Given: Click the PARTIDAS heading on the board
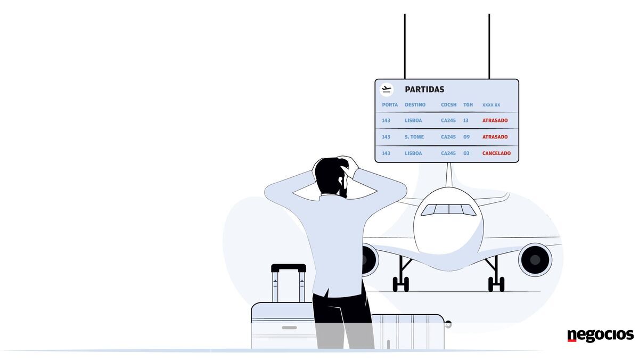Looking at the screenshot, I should tap(424, 89).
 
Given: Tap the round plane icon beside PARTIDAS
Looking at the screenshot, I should tap(387, 89).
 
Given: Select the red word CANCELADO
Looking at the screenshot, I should tap(496, 153).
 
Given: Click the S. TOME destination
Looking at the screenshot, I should tap(414, 137).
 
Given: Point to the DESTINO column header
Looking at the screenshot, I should tap(415, 105).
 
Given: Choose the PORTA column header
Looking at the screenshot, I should tap(390, 105).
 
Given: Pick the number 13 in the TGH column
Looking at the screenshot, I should tap(466, 120).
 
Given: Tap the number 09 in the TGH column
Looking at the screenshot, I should tap(466, 137).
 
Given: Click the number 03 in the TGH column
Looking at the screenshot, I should tap(466, 153).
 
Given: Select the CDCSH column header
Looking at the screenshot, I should tap(448, 105).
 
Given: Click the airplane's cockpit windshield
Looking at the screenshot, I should tap(449, 209).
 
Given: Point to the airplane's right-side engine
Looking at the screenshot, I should tap(535, 259).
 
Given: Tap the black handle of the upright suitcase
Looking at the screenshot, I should tap(289, 268).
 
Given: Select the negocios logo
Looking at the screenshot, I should tap(600, 336).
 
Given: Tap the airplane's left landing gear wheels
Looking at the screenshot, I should tap(400, 284).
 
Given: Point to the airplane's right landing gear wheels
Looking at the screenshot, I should tap(496, 284).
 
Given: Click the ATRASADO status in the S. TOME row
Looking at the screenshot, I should tap(495, 137).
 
